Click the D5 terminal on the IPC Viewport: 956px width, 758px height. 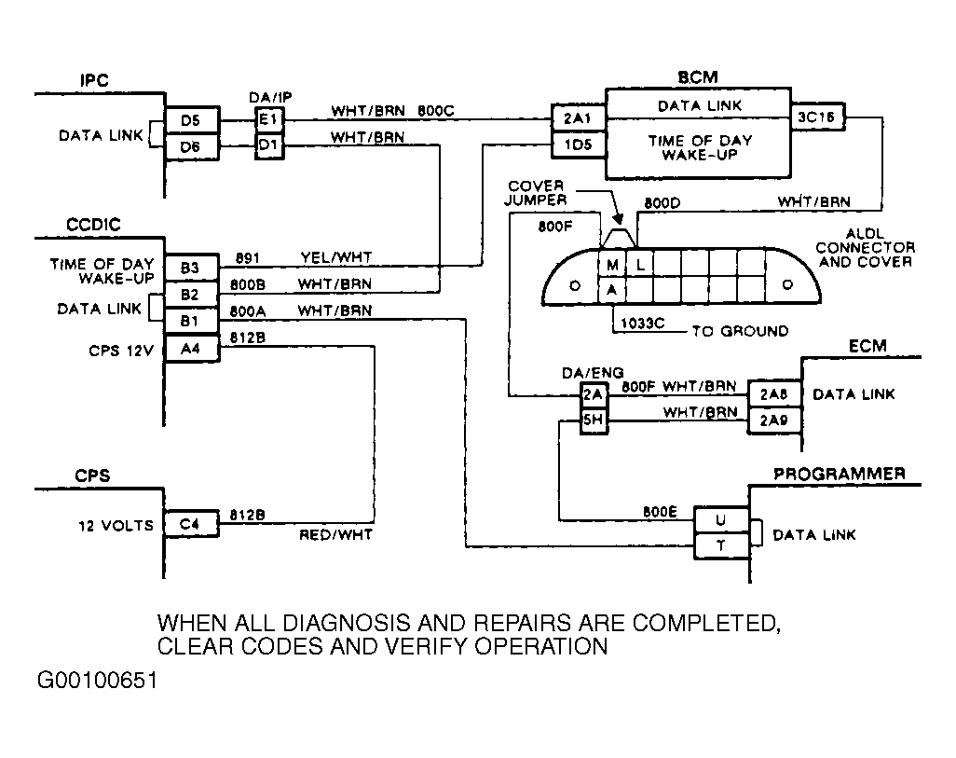coord(191,120)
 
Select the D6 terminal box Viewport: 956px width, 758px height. coord(191,146)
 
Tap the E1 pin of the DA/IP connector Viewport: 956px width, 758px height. coord(269,119)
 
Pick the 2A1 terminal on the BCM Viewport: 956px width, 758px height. coord(578,117)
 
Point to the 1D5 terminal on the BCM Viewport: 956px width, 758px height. coord(578,145)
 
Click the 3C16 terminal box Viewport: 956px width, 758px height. coord(817,117)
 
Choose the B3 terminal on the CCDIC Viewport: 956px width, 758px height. coord(190,268)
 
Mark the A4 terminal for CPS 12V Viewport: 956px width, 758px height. coord(190,349)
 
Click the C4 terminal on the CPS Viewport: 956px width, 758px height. coord(190,524)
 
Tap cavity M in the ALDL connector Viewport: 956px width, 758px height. coord(612,264)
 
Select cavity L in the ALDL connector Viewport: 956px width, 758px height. coord(639,264)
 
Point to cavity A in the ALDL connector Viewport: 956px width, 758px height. coord(612,291)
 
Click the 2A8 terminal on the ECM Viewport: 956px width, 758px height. coord(773,395)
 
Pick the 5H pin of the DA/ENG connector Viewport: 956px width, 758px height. coord(594,420)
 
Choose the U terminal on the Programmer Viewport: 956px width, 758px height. coord(721,520)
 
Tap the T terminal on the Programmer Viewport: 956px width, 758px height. coord(721,545)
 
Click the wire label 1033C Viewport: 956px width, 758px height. coord(643,323)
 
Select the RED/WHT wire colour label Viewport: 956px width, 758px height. coord(336,534)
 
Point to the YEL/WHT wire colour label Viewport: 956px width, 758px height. coord(336,257)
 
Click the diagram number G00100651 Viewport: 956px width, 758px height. coord(98,680)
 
